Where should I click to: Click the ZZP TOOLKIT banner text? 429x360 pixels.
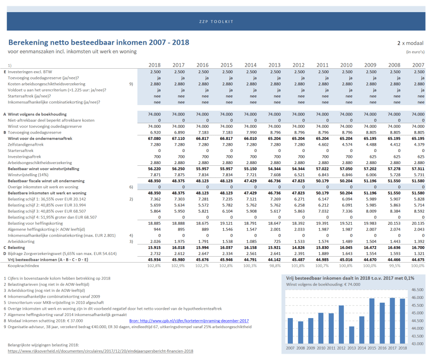tap(216, 22)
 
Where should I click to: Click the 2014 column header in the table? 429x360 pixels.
tap(251, 65)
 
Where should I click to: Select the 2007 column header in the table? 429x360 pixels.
tap(419, 65)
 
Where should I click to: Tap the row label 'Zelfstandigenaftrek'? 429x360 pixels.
tap(26, 144)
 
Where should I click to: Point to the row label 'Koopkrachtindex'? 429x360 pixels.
tap(23, 266)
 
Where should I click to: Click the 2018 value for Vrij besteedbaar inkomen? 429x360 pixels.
tap(154, 260)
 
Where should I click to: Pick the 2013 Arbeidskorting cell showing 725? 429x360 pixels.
tap(277, 242)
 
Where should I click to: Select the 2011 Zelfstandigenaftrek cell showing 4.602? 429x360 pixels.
tap(323, 144)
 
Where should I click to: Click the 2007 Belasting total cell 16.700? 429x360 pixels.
tap(419, 248)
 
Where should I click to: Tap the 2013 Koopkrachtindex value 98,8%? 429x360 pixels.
tap(275, 266)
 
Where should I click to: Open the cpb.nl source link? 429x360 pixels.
tap(189, 321)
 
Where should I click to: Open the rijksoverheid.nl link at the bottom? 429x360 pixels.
tap(101, 351)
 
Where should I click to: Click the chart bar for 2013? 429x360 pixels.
tap(351, 335)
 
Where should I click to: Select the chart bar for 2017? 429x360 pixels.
tap(392, 321)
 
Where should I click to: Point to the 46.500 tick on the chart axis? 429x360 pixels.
tap(418, 290)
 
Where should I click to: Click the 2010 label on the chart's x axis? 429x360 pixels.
tap(321, 348)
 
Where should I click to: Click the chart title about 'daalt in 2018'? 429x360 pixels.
tap(350, 278)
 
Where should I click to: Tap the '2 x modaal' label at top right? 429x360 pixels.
tap(411, 43)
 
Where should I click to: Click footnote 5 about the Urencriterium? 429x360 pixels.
tap(54, 303)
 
